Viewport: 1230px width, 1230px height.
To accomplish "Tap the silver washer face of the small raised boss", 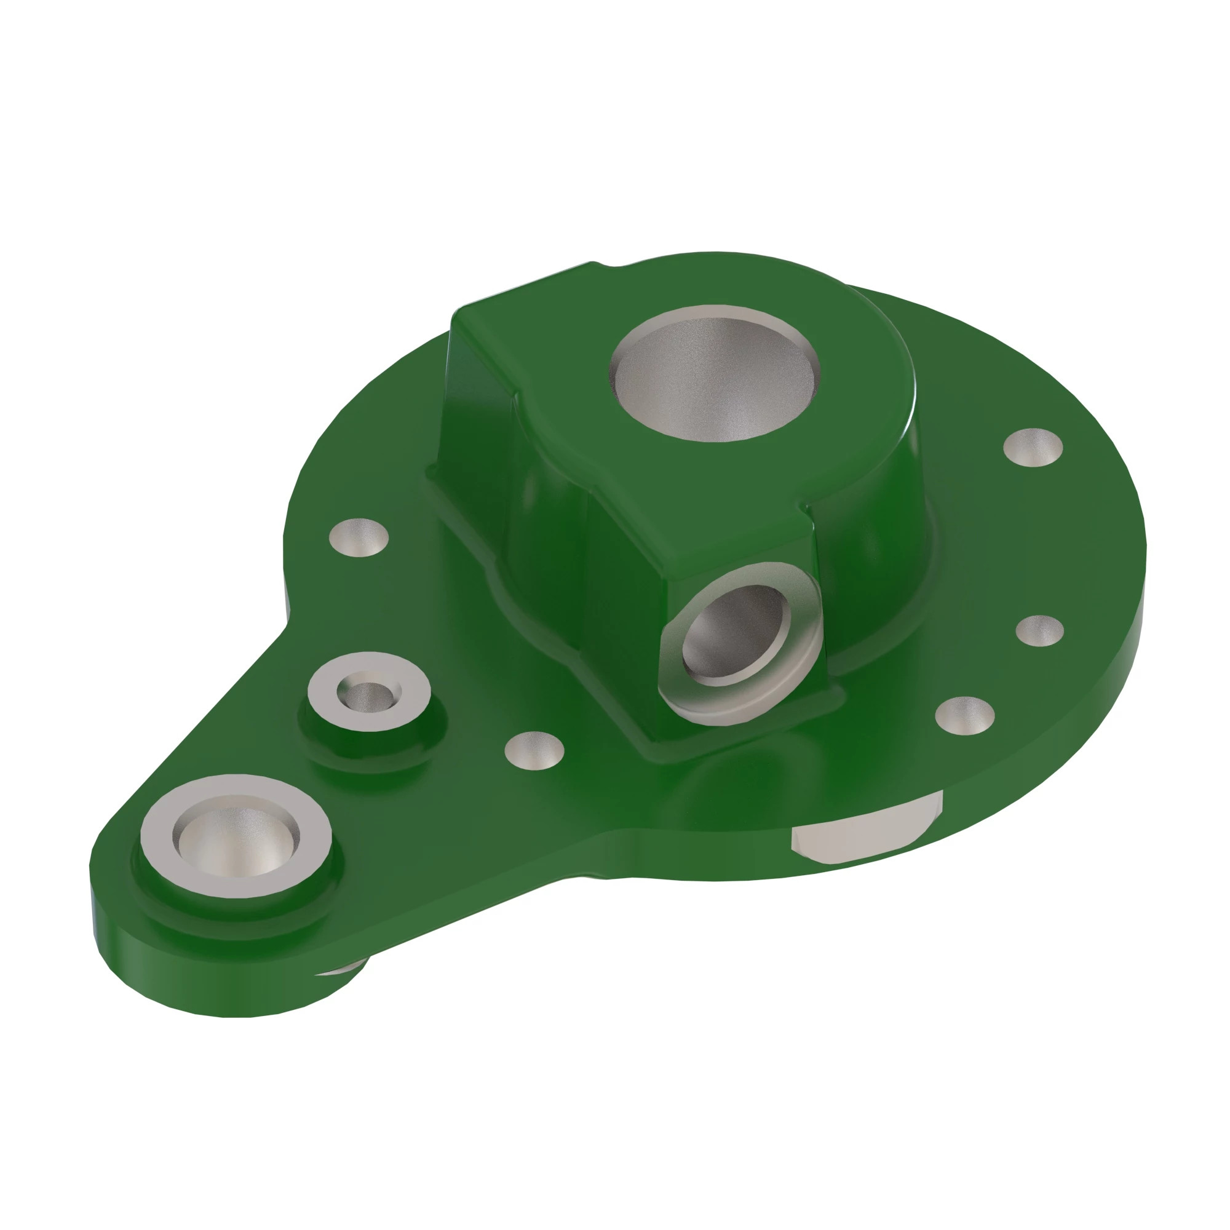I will click(x=408, y=707).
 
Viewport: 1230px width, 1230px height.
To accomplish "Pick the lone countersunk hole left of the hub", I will click(x=359, y=537).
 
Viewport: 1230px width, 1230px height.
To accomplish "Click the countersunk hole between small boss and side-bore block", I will click(x=533, y=750).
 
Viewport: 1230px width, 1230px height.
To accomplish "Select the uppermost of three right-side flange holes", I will click(x=1032, y=447).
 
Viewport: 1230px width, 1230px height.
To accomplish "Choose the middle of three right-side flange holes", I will click(x=1039, y=630).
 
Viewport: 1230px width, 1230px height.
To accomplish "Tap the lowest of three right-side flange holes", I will click(x=964, y=715).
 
